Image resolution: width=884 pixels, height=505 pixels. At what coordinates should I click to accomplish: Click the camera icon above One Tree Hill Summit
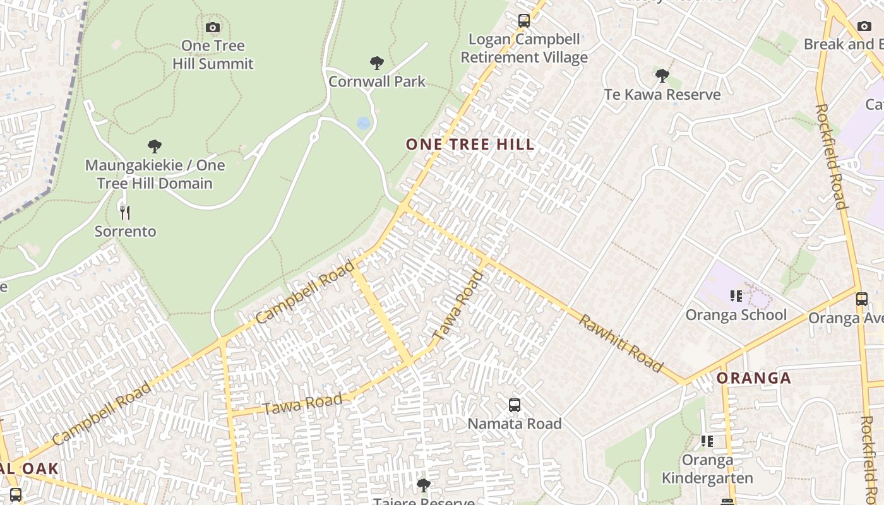pyautogui.click(x=213, y=27)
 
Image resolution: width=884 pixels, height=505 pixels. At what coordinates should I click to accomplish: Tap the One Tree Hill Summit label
pyautogui.click(x=213, y=55)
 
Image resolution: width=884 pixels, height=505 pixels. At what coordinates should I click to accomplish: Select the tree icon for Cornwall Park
pyautogui.click(x=377, y=62)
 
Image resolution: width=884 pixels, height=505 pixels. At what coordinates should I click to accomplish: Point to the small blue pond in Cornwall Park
pyautogui.click(x=363, y=123)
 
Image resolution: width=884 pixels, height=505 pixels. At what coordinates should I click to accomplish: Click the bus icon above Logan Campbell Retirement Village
pyautogui.click(x=523, y=21)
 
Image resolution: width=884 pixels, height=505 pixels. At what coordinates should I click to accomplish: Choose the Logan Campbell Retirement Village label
pyautogui.click(x=524, y=49)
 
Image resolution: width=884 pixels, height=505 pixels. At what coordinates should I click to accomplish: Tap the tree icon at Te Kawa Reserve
pyautogui.click(x=662, y=76)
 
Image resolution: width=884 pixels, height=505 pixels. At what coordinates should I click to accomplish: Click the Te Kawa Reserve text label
pyautogui.click(x=662, y=95)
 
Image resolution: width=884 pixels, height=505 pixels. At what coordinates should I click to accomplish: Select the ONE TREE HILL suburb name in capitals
pyautogui.click(x=470, y=145)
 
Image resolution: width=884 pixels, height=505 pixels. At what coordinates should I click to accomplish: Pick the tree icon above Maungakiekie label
pyautogui.click(x=155, y=146)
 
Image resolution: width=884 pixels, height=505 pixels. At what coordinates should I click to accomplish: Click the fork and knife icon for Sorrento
pyautogui.click(x=125, y=213)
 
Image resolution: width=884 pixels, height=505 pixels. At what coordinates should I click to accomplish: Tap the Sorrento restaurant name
pyautogui.click(x=125, y=232)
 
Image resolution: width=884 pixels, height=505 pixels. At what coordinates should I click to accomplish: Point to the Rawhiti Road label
pyautogui.click(x=621, y=343)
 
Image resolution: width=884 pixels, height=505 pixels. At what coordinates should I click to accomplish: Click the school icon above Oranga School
pyautogui.click(x=736, y=295)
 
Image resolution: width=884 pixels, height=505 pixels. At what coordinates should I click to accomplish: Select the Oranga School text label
pyautogui.click(x=736, y=315)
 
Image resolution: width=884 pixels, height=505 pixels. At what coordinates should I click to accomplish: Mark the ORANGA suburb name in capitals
pyautogui.click(x=754, y=378)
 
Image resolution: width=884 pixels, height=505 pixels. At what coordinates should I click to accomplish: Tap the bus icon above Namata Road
pyautogui.click(x=515, y=405)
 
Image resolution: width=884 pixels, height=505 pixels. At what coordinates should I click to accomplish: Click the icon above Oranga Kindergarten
pyautogui.click(x=707, y=441)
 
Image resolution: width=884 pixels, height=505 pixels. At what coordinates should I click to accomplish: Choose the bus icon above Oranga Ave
pyautogui.click(x=862, y=299)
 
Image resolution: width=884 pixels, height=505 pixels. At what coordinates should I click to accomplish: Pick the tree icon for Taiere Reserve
pyautogui.click(x=424, y=485)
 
